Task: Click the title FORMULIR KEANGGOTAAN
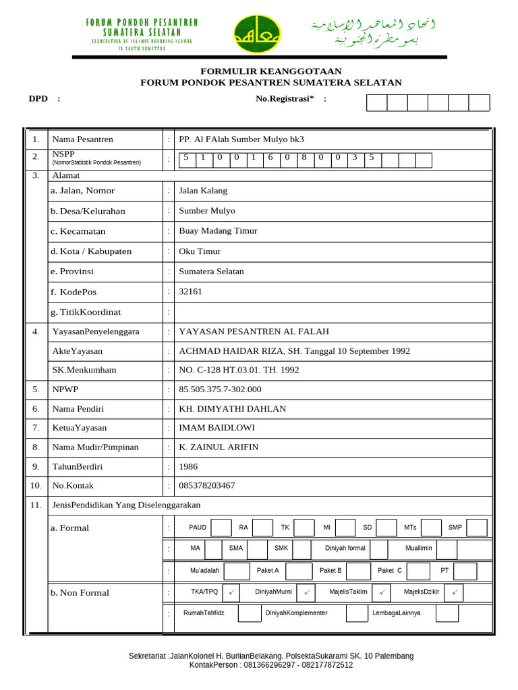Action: tap(270, 71)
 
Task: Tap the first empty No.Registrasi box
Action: tap(377, 102)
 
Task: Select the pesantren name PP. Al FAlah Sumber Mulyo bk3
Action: tap(241, 139)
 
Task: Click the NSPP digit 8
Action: tap(304, 158)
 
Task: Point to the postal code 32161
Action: tap(190, 292)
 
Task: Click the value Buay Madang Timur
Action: tap(218, 231)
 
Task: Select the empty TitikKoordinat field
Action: tap(333, 312)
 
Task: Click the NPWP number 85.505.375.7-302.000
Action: tap(220, 389)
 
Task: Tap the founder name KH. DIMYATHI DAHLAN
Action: tap(232, 409)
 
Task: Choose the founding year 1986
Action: tap(188, 466)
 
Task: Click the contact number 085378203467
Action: tap(206, 486)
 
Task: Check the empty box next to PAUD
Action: tap(221, 528)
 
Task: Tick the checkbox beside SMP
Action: tap(476, 528)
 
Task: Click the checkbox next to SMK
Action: tap(301, 549)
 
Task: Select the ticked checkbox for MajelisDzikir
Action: tap(453, 592)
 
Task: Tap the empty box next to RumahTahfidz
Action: tap(250, 613)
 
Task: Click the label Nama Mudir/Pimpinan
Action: tap(95, 447)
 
